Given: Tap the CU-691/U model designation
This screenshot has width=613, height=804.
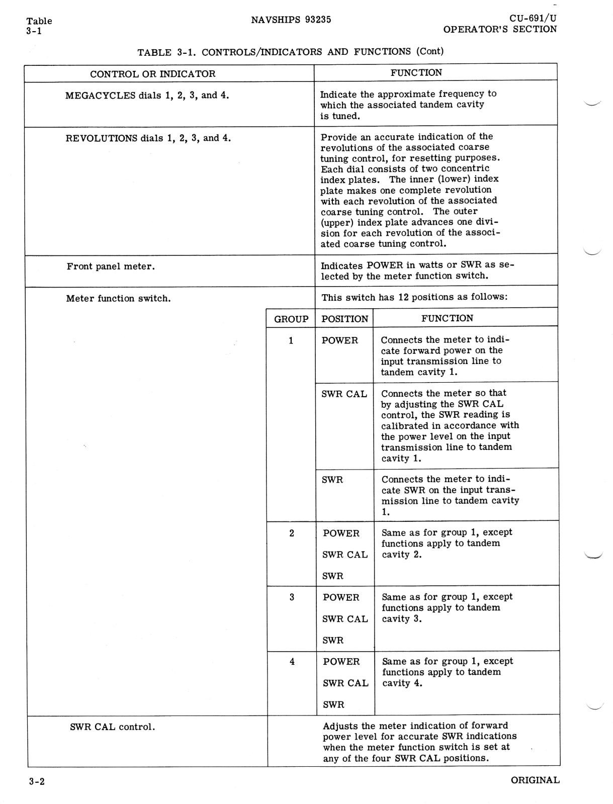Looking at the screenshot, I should [x=533, y=19].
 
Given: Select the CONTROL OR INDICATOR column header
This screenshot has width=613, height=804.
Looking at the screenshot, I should [x=152, y=74].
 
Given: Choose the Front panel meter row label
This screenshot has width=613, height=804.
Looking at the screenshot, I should [x=111, y=266].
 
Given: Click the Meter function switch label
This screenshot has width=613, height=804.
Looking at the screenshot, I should [x=118, y=299].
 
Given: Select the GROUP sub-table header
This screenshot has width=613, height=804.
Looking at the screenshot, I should [x=291, y=319].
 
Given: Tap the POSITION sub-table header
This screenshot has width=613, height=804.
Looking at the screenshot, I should [x=344, y=319].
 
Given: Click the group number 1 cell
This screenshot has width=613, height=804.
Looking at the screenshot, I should [x=291, y=341].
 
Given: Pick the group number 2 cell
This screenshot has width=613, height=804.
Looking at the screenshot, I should [x=292, y=533].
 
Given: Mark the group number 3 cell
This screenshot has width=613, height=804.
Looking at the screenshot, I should [x=292, y=597].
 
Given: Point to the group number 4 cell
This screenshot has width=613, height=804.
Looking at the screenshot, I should [x=292, y=662].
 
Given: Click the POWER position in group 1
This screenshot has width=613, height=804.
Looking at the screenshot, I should [x=340, y=341].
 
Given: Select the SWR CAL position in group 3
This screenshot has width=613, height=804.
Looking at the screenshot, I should [x=345, y=619].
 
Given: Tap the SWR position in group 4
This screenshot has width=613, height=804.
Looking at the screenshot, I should [x=333, y=704].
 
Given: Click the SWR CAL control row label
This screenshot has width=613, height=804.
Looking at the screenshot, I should [x=112, y=727].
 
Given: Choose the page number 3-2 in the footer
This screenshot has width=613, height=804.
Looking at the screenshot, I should [x=37, y=782].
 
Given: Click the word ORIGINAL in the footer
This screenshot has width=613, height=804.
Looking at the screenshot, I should [x=535, y=780].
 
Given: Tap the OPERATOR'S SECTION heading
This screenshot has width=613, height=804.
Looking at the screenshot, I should [x=500, y=30].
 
